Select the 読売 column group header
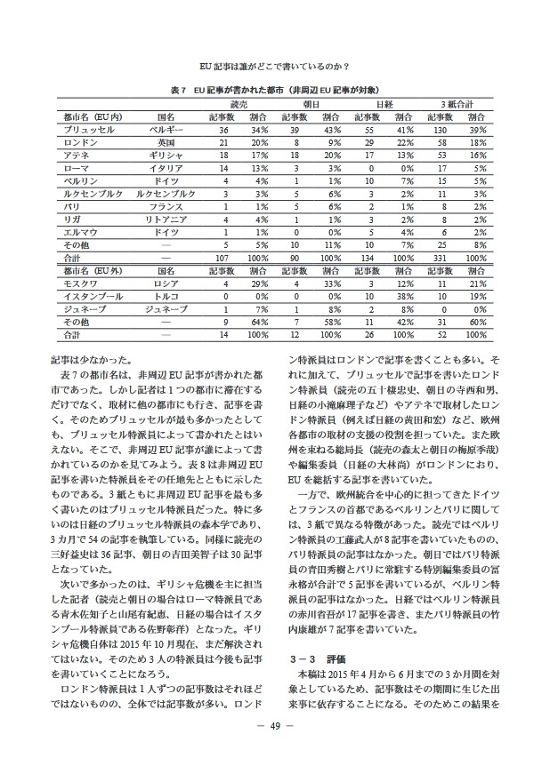238,104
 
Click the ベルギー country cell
166,130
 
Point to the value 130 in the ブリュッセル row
439,130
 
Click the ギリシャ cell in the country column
166,155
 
